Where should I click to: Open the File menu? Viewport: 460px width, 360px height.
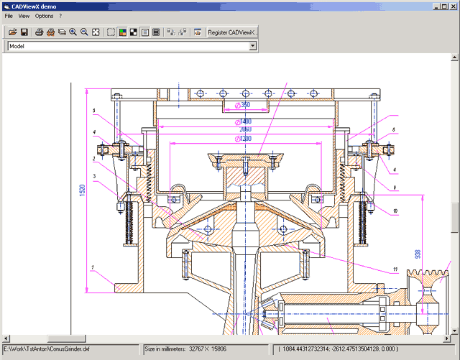pyautogui.click(x=9, y=15)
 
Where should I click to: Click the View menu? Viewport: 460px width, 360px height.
pyautogui.click(x=24, y=15)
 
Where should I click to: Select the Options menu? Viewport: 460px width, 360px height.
pyautogui.click(x=44, y=15)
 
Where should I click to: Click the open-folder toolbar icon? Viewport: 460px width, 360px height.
pyautogui.click(x=11, y=32)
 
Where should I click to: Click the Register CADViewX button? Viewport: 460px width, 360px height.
pyautogui.click(x=232, y=32)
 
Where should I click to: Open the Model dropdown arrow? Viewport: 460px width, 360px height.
pyautogui.click(x=252, y=46)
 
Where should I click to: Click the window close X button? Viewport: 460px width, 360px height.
pyautogui.click(x=453, y=5)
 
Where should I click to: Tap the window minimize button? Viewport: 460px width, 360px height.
pyautogui.click(x=435, y=5)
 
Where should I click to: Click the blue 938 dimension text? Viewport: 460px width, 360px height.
pyautogui.click(x=418, y=254)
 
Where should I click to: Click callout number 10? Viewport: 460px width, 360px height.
pyautogui.click(x=395, y=211)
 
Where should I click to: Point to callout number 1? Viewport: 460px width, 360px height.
pyautogui.click(x=92, y=267)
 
